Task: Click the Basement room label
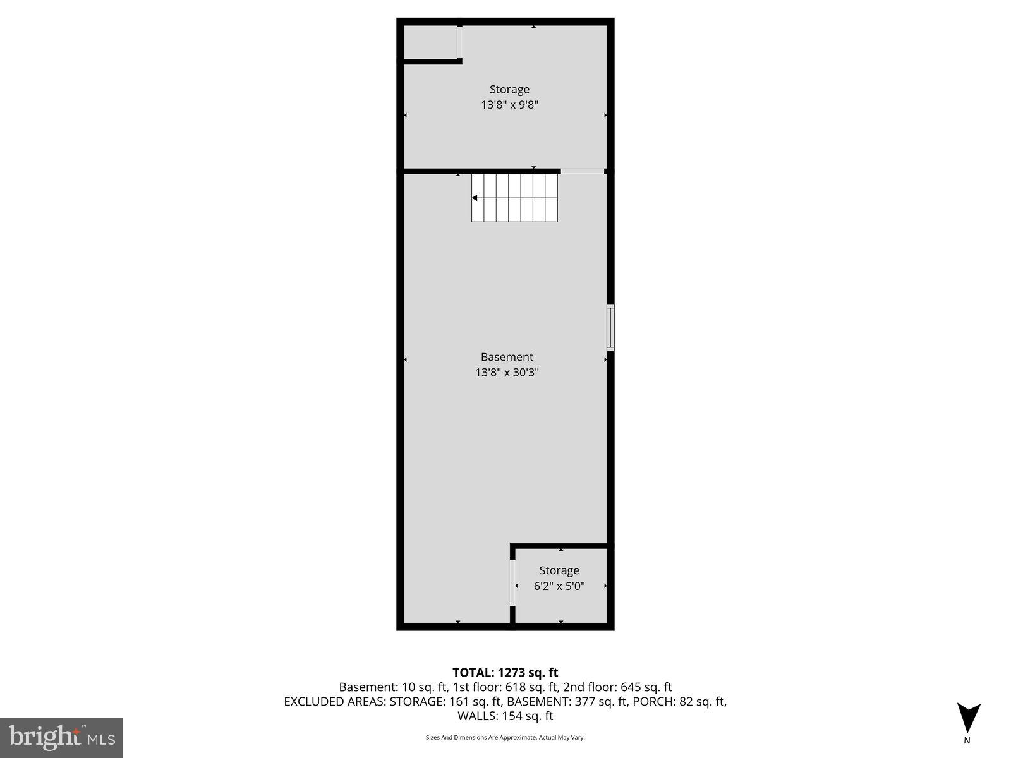pos(507,357)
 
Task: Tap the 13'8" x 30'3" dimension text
pos(507,373)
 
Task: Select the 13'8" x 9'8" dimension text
pos(509,105)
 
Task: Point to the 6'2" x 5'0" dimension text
pos(559,586)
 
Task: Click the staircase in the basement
pos(514,198)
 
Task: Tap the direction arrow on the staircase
pos(475,198)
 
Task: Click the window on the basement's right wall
pos(610,327)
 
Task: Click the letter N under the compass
pos(967,740)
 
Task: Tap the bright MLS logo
pos(61,737)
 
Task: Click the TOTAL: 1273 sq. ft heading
pos(505,673)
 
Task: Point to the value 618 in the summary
pos(516,687)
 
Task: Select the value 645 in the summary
pos(631,687)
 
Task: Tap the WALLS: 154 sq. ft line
pos(505,716)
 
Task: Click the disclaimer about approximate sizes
pos(505,737)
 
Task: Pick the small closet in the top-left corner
pos(430,42)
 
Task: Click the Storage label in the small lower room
pos(559,570)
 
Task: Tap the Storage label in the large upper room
pos(509,90)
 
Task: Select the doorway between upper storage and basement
pos(583,171)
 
